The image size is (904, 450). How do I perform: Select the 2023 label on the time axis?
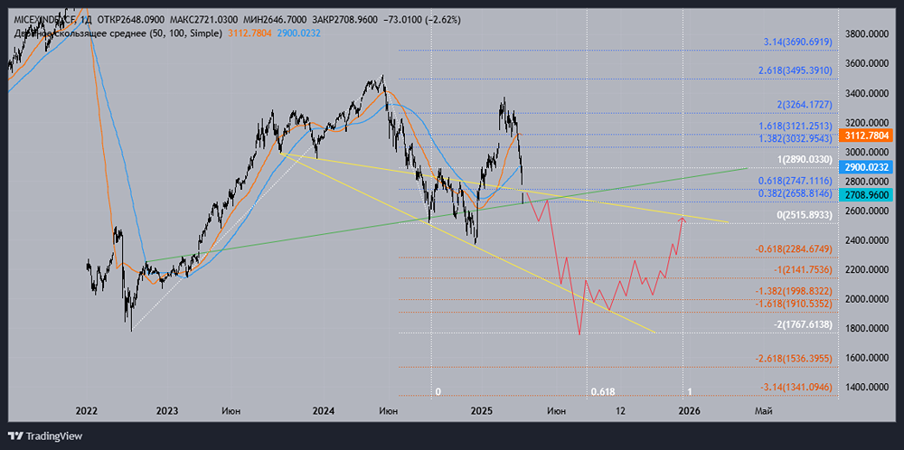pyautogui.click(x=167, y=411)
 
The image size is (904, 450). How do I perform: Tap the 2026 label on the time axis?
pyautogui.click(x=689, y=411)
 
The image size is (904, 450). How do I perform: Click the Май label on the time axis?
pyautogui.click(x=764, y=411)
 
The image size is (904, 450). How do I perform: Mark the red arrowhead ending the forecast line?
pyautogui.click(x=683, y=219)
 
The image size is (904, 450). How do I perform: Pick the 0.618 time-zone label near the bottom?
pyautogui.click(x=602, y=392)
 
